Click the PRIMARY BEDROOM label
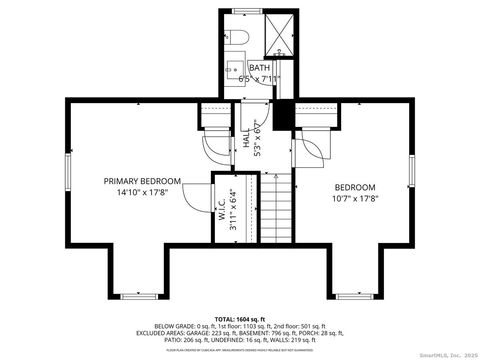pos(143,181)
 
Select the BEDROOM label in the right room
pos(354,187)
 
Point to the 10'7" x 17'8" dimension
pos(354,198)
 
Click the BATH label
pos(259,67)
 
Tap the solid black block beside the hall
pos(283,115)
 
